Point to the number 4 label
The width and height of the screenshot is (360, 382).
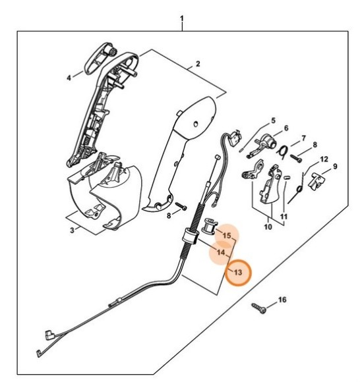click(69, 77)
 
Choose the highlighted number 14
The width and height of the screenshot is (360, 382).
click(222, 252)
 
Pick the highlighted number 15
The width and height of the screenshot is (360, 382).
click(227, 235)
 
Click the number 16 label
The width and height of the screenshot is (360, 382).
click(282, 300)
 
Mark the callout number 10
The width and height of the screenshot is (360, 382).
click(268, 227)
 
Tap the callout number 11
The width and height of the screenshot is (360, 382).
click(284, 216)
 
